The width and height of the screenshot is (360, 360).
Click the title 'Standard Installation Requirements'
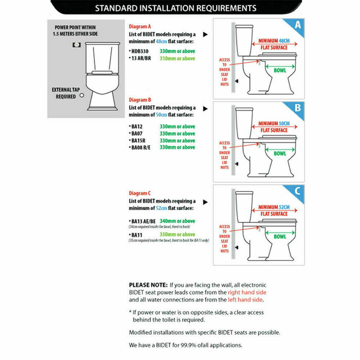pyautogui.click(x=176, y=8)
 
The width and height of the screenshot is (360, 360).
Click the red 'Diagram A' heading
pyautogui.click(x=140, y=26)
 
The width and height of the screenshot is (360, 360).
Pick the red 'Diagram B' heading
pyautogui.click(x=140, y=99)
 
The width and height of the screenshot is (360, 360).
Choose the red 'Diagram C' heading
pyautogui.click(x=140, y=192)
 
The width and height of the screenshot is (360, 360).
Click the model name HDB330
pyautogui.click(x=140, y=51)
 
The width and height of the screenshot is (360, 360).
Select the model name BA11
pyautogui.click(x=137, y=235)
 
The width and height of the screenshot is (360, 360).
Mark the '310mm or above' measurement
pyautogui.click(x=177, y=59)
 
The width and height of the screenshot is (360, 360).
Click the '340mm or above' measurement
pyautogui.click(x=177, y=221)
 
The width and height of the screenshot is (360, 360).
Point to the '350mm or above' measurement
pyautogui.click(x=177, y=235)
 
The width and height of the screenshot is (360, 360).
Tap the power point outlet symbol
pyautogui.click(x=76, y=44)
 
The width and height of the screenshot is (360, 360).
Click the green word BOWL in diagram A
pyautogui.click(x=280, y=70)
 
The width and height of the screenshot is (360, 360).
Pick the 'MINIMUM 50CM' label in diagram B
pyautogui.click(x=274, y=124)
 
